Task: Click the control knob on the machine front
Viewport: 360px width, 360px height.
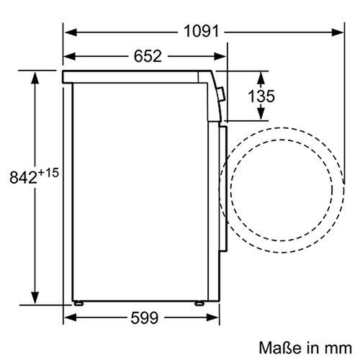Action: (221, 93)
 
